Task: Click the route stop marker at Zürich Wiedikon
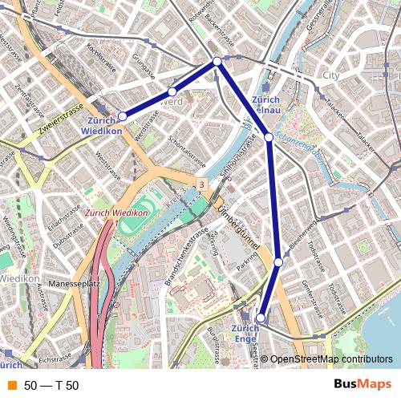[122, 116]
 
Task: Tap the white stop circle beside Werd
[172, 92]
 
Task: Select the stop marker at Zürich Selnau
[269, 137]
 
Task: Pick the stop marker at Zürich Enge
[260, 318]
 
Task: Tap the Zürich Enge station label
[245, 334]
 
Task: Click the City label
[330, 75]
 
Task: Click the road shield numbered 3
[201, 185]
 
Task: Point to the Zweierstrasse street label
[60, 119]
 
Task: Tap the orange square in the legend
[11, 386]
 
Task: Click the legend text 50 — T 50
[51, 386]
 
